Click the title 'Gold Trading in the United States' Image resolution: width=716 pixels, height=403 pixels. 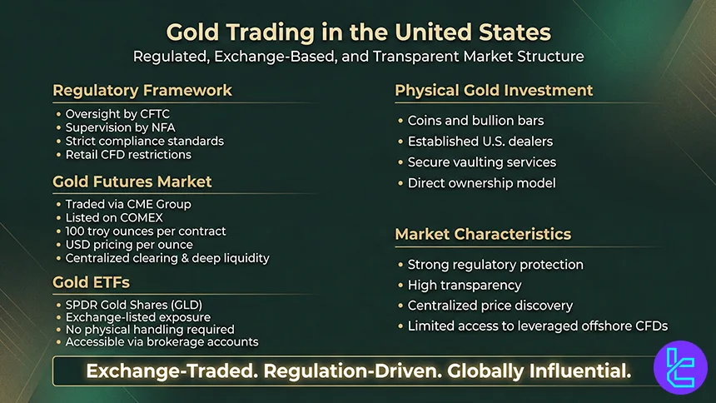click(358, 32)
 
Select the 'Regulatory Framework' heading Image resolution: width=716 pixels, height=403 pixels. click(142, 90)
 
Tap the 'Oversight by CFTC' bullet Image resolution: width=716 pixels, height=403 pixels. click(119, 114)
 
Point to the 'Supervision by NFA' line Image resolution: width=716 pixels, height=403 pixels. click(123, 127)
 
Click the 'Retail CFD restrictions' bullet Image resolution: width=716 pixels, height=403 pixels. click(128, 154)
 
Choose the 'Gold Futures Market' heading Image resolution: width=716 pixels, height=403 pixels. click(132, 181)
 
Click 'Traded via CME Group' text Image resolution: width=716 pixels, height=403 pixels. click(127, 204)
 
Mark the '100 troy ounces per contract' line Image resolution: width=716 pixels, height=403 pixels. click(146, 231)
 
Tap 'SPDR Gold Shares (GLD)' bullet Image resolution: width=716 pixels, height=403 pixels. click(133, 305)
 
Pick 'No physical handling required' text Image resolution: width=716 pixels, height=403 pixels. click(150, 329)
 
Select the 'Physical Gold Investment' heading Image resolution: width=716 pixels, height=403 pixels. click(494, 90)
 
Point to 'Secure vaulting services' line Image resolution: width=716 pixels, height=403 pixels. click(481, 162)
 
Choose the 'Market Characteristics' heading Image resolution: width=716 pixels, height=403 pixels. click(483, 234)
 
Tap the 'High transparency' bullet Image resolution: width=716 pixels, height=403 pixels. click(465, 285)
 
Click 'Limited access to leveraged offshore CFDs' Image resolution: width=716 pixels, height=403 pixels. click(538, 326)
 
